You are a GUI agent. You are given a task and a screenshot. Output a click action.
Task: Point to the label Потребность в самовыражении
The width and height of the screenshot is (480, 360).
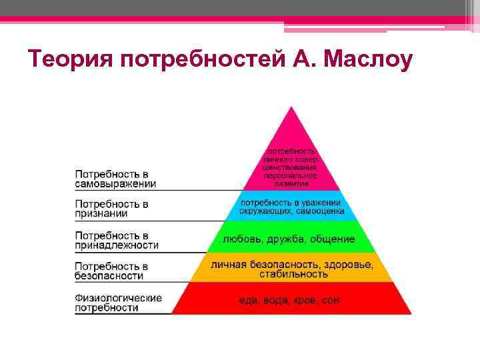(115, 178)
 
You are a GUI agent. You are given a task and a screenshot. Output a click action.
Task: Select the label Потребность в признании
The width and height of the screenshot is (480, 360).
(111, 208)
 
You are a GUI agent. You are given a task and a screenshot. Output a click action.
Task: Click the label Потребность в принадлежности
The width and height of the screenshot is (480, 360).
(117, 240)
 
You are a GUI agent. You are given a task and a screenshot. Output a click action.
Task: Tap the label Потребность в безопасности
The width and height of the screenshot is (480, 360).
(111, 270)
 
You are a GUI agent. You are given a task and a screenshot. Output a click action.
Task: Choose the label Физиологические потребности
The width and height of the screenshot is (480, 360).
(118, 303)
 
